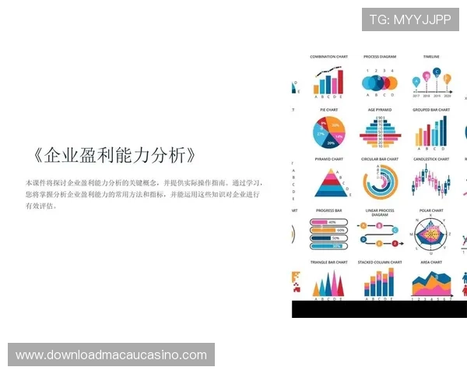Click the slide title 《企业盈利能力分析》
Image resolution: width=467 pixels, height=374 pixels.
point(114,154)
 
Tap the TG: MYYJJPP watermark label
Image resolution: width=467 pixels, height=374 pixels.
point(410,19)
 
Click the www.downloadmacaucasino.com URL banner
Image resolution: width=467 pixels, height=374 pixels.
point(111,355)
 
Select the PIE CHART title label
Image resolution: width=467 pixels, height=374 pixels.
point(327,110)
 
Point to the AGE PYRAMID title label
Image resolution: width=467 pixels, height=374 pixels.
point(379,110)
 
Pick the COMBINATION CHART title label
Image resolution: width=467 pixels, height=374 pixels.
point(328,57)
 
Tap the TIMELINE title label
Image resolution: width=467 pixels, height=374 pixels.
point(431,57)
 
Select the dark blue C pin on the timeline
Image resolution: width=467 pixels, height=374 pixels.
point(437,72)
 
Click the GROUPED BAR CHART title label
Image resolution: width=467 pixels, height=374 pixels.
point(431,110)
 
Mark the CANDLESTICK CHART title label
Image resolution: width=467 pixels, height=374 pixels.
point(431,160)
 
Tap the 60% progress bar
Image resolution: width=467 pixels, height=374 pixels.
point(327,231)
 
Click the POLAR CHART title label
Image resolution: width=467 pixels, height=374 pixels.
point(431,210)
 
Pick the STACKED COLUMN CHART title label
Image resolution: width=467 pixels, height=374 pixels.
point(379,263)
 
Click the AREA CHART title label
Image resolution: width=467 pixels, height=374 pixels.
point(431,263)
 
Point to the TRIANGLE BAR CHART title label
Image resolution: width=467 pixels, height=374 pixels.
point(328,263)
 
